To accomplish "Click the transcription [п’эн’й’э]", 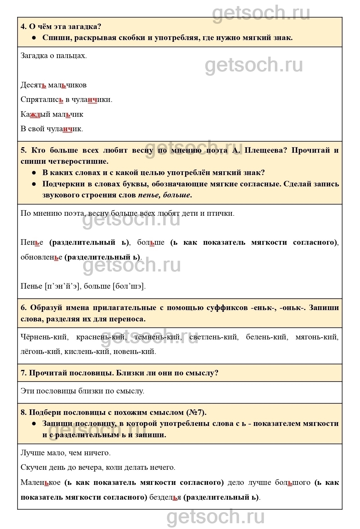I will coord(62,286).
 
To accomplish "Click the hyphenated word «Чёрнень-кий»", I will coord(44,337).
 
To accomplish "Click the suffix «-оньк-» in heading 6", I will coord(293,308).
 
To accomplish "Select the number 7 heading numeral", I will coord(23,373).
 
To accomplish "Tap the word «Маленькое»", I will coord(41,483).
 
